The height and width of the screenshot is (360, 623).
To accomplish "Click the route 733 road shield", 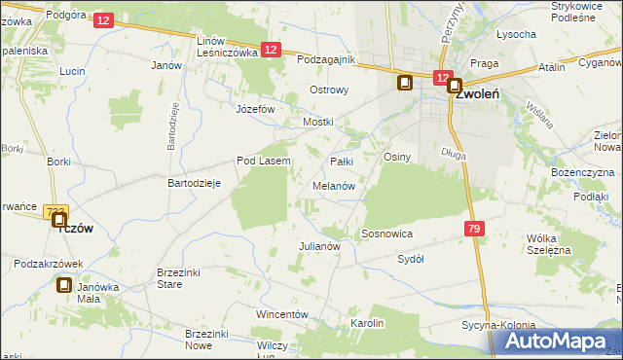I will [55, 211].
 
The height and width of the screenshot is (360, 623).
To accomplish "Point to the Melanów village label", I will [333, 185].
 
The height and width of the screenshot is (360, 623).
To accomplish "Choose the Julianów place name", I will [318, 246].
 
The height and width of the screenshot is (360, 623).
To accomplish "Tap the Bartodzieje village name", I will [196, 183].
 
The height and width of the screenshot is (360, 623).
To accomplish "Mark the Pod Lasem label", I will [264, 161].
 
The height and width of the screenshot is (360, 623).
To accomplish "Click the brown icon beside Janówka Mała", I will [64, 285].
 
